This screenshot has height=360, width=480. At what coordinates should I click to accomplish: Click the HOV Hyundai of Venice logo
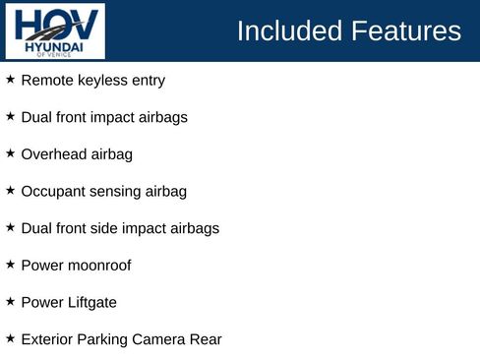pos(54,30)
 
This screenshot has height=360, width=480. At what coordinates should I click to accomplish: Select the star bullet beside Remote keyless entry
pos(10,80)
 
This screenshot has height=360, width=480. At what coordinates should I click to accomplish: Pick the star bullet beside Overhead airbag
pos(10,153)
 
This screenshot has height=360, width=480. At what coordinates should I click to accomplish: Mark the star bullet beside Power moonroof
pos(10,265)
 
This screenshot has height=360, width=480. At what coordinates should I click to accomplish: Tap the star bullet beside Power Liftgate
pos(10,302)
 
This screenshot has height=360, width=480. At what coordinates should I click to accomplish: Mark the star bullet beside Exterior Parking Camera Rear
pos(10,338)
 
